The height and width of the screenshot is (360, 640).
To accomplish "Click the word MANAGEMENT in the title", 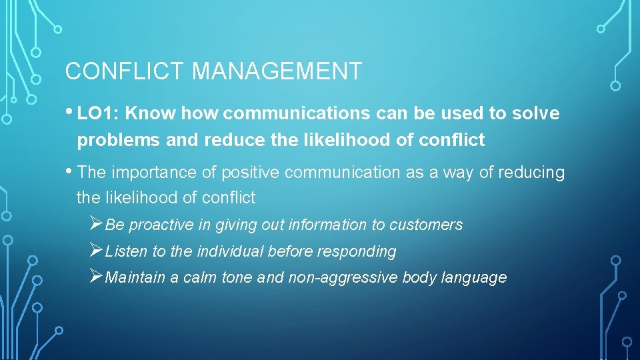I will pos(277,71).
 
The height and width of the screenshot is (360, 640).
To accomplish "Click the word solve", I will pos(536,114).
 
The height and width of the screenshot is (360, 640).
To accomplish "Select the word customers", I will pos(429,225).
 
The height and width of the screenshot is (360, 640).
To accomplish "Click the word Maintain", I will pos(135,278).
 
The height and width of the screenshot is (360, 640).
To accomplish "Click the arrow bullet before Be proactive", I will pos(96,224).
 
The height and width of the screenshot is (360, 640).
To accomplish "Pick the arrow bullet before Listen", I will pos(96,251).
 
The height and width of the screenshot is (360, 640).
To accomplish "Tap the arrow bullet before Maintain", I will pos(96,277).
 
